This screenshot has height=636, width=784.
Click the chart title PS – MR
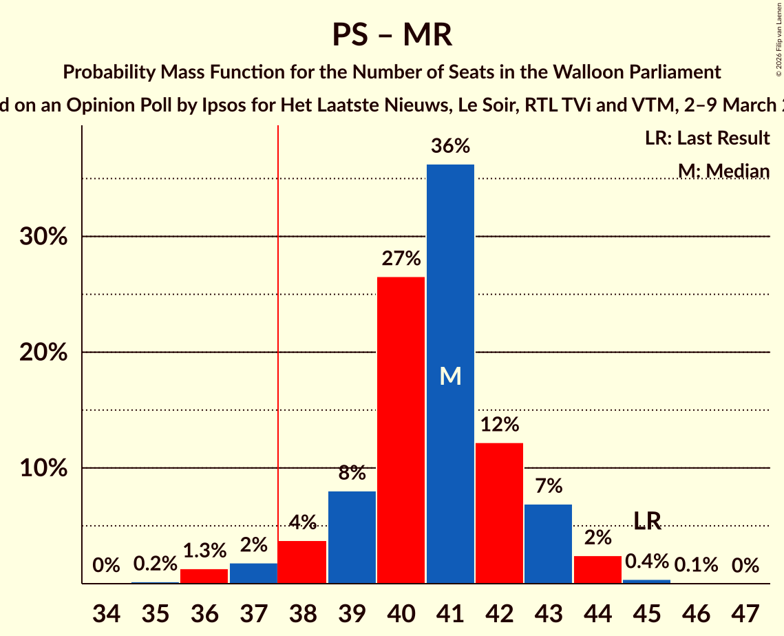point(392,34)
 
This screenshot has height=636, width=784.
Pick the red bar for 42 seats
point(499,513)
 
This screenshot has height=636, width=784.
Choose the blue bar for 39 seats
point(352,537)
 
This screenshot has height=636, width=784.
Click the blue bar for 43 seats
point(548,544)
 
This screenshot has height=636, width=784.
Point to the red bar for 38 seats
point(302,562)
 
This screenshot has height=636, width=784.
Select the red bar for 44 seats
point(597,569)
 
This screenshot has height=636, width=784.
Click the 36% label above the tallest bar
point(450,146)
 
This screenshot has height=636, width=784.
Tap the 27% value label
point(401,259)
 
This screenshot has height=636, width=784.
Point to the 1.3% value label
point(204,551)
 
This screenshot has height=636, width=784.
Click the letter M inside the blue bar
point(450,376)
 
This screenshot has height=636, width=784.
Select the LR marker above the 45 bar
point(647,521)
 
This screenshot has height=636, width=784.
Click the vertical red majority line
point(278,344)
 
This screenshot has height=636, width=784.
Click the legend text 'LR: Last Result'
point(707,138)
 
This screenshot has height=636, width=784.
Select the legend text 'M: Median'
point(723,171)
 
